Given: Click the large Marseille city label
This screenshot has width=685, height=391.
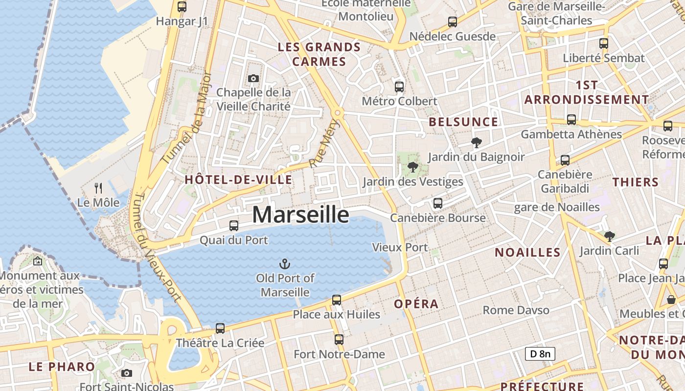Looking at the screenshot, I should [300, 215].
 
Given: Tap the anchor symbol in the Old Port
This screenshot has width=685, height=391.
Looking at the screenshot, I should [284, 264].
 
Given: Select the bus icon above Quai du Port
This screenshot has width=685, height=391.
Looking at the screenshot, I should [234, 226].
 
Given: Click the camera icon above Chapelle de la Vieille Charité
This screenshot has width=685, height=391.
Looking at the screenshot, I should [253, 78].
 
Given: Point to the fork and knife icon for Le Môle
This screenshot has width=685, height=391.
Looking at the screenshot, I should [98, 188].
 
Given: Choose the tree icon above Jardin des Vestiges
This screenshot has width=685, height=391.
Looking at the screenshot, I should [413, 167].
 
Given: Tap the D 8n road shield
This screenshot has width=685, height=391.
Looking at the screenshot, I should [540, 354].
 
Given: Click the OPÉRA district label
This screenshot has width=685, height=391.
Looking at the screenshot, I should [416, 304].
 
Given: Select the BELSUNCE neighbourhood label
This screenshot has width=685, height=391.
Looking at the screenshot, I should [463, 122].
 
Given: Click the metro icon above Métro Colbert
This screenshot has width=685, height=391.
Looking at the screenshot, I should [399, 87].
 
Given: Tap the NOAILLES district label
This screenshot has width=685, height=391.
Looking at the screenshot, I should [527, 253].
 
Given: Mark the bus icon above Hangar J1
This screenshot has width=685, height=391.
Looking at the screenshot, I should [182, 7].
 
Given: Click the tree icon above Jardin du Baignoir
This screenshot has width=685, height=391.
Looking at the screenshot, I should [476, 143].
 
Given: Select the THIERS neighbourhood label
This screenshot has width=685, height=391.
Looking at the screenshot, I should [636, 182].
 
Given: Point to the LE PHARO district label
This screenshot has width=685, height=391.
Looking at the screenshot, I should [62, 367].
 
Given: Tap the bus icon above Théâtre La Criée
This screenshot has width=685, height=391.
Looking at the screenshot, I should [220, 328].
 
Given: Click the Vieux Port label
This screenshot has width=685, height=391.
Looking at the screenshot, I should [400, 247].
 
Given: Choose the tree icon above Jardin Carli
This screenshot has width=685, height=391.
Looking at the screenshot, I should [609, 237].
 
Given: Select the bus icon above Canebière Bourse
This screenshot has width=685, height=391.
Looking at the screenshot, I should [438, 203].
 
